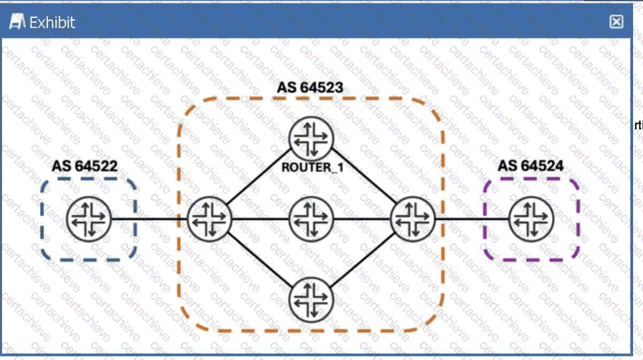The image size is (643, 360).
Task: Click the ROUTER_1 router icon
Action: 311,137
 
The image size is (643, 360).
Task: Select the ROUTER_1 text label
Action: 312,167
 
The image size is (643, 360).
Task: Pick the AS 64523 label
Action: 310,88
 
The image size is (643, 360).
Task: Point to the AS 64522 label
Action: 84,165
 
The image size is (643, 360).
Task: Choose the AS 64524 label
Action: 531,165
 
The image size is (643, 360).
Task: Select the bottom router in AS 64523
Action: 311,300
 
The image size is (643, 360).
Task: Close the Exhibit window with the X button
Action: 616,22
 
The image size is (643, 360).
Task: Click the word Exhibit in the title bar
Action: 52,23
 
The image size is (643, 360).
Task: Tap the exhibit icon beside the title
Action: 17,23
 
